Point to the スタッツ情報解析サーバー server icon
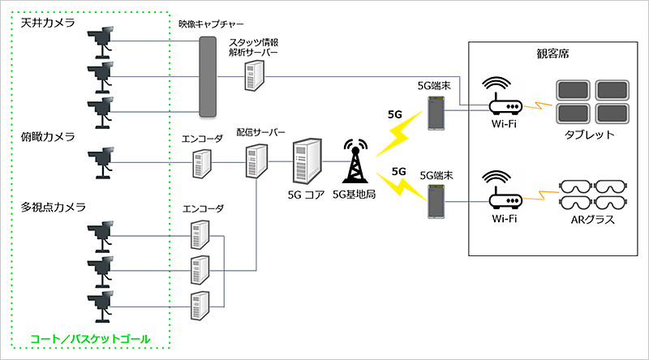[x=254, y=75]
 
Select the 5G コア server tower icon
[x=306, y=162]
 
